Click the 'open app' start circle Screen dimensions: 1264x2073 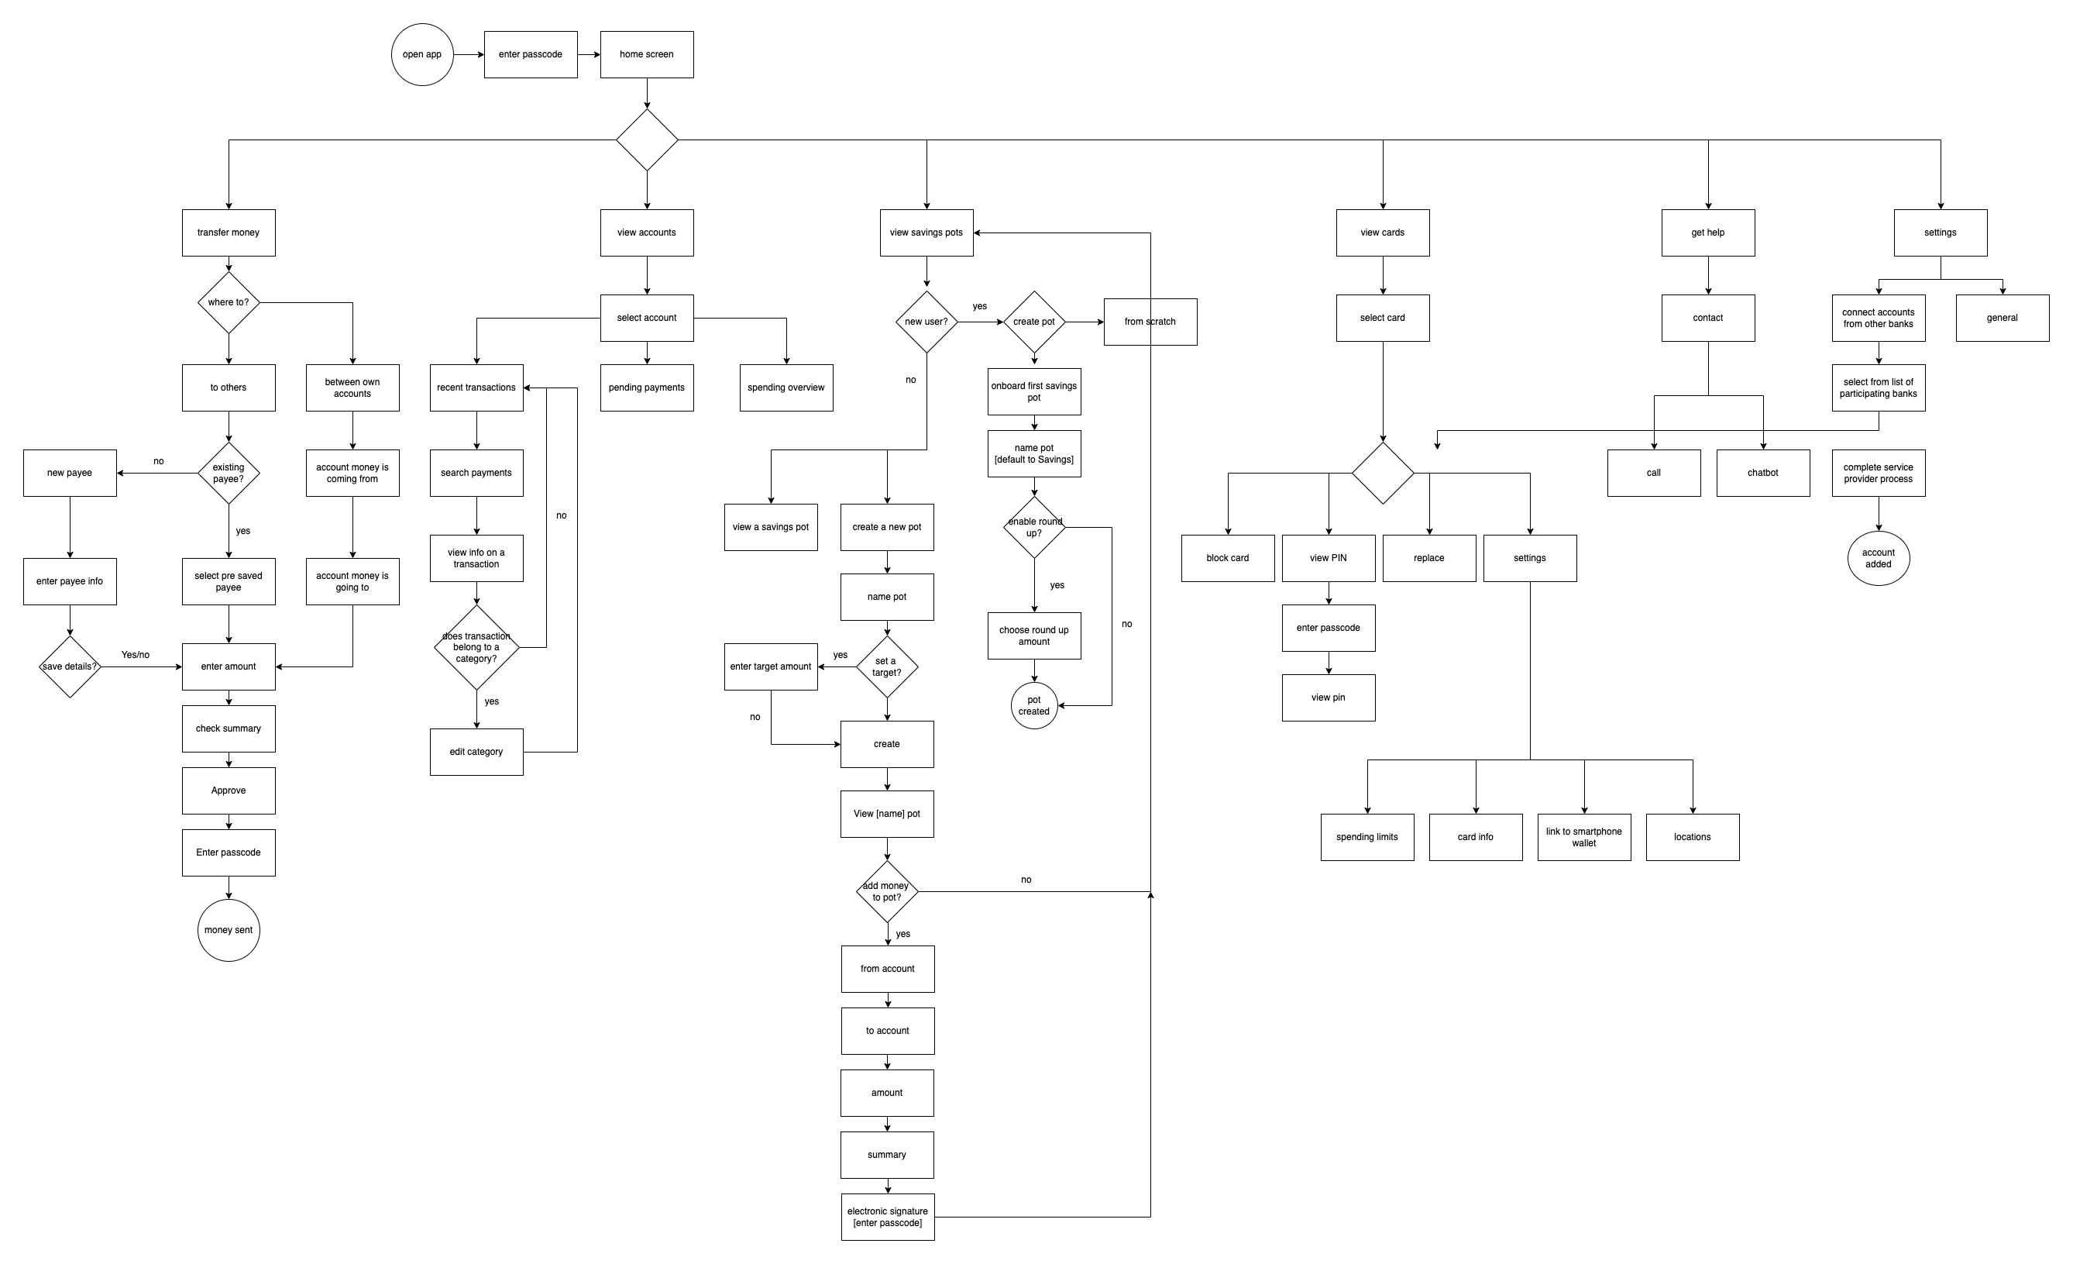pos(422,55)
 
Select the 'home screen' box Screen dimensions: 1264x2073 pos(646,55)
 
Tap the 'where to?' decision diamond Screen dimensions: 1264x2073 pos(228,302)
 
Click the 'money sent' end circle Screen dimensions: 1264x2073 pos(228,930)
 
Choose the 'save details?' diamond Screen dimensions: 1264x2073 pos(70,666)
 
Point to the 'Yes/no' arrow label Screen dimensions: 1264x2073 pos(136,655)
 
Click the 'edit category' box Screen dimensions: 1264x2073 pos(476,752)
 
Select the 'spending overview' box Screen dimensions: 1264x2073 pos(786,388)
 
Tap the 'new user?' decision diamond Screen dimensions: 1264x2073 pos(926,322)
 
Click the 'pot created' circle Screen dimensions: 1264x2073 pos(1034,705)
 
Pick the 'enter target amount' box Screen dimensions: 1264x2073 pos(771,666)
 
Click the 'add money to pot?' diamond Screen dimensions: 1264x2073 pos(887,891)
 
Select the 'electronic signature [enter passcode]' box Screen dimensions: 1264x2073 pos(888,1217)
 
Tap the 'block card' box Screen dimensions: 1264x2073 pos(1228,558)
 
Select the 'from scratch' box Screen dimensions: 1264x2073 pos(1150,322)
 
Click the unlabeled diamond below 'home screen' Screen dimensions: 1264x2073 pos(646,139)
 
